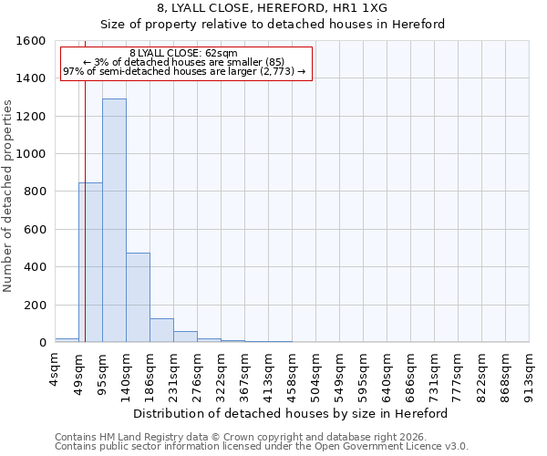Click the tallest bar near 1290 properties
pyautogui.click(x=114, y=221)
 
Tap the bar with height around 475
pyautogui.click(x=138, y=297)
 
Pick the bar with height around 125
pyautogui.click(x=161, y=330)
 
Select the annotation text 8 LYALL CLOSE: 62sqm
pyautogui.click(x=183, y=54)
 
